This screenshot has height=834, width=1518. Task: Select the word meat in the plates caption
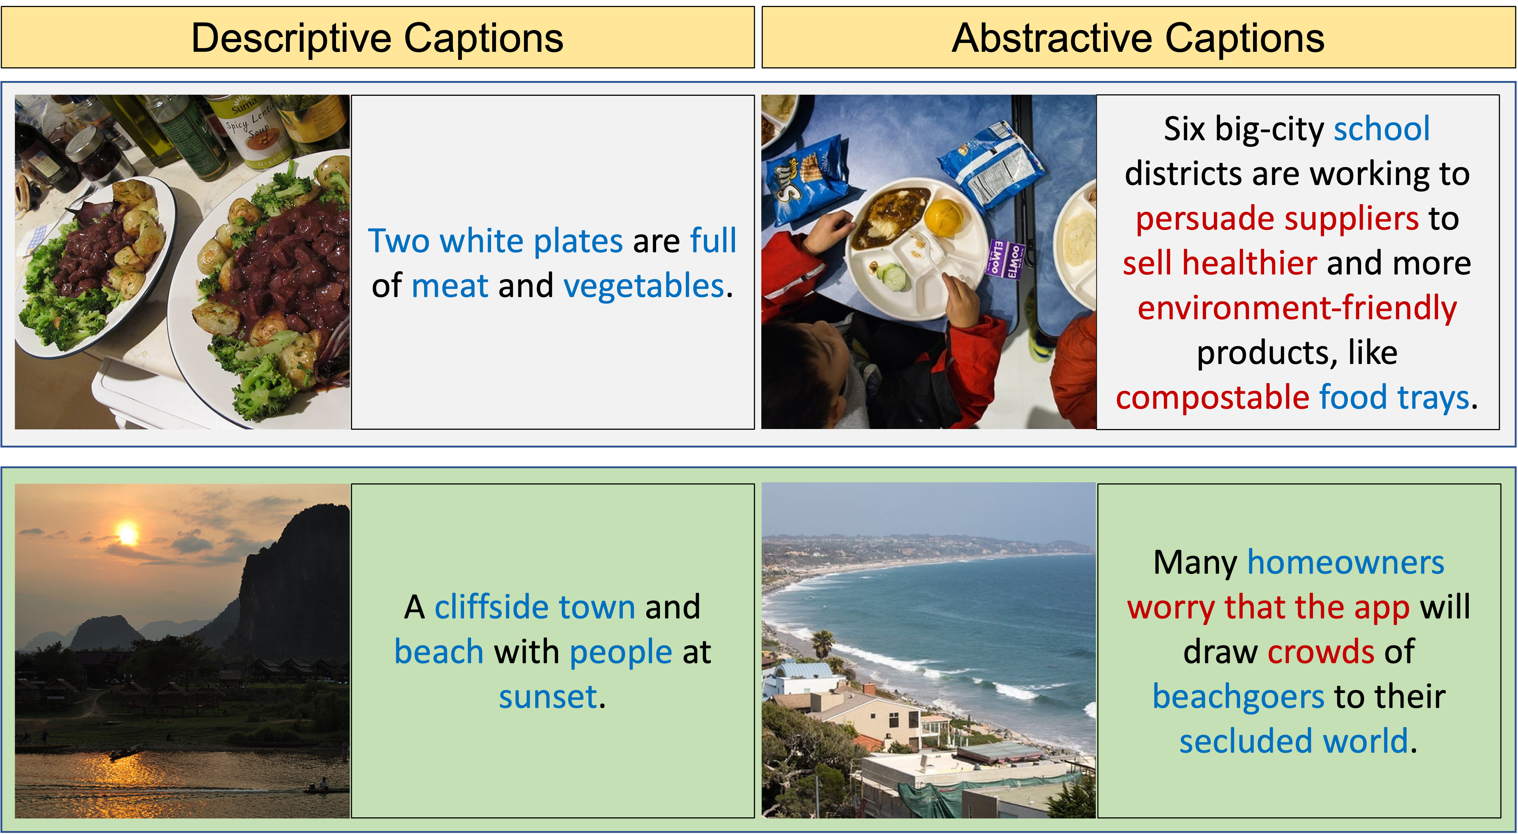pyautogui.click(x=450, y=286)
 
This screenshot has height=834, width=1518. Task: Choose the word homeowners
pyautogui.click(x=1345, y=563)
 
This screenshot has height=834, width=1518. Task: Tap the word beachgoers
pyautogui.click(x=1238, y=697)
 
